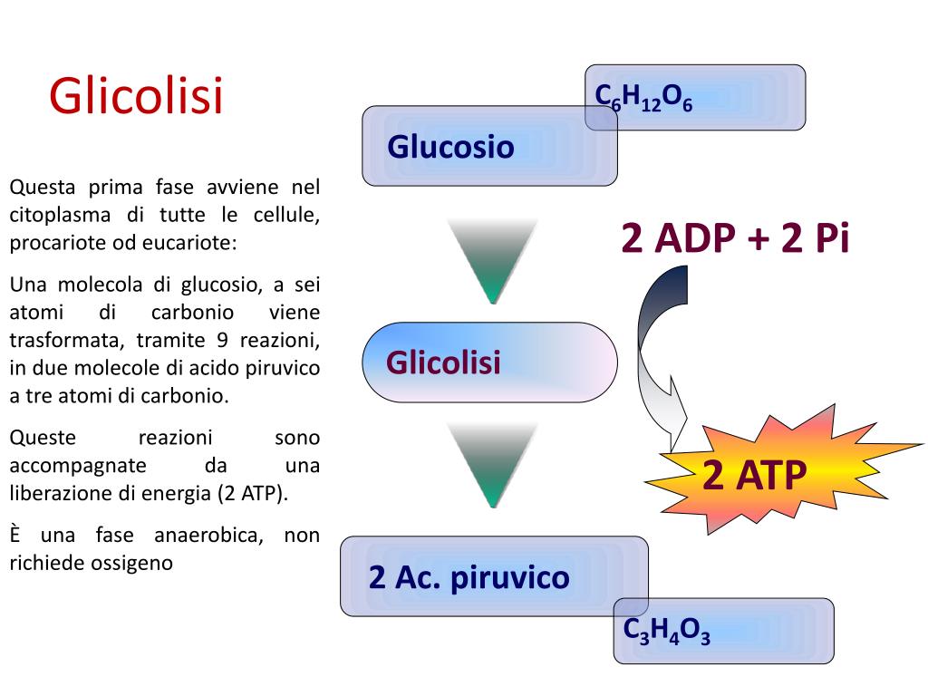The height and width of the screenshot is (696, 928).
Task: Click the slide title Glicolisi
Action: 136,97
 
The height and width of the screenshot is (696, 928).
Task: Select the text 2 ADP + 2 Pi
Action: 734,238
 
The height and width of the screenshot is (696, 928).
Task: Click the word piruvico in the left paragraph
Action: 278,369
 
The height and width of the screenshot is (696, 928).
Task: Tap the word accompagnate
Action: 78,466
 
